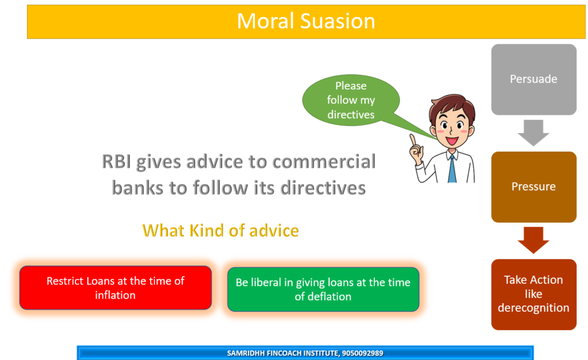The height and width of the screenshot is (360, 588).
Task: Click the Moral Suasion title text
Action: (x=306, y=21)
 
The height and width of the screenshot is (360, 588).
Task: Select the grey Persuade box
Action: (x=533, y=79)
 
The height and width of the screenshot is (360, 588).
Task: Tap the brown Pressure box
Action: (x=533, y=187)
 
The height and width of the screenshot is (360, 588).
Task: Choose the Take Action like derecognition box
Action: (x=533, y=295)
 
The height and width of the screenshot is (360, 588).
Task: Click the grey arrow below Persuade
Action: (x=533, y=133)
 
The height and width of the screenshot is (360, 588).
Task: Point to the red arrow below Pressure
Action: (x=533, y=240)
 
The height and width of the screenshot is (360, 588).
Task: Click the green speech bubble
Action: (x=351, y=100)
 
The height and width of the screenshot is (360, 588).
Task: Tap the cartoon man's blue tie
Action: (x=452, y=169)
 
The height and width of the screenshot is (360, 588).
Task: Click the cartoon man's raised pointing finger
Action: (x=413, y=140)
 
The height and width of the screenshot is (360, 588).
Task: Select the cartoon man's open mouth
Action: (x=452, y=141)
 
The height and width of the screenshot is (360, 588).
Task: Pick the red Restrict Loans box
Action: (x=115, y=288)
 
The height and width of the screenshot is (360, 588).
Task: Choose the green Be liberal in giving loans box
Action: (x=323, y=289)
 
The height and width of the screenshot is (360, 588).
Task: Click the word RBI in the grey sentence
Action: (x=116, y=162)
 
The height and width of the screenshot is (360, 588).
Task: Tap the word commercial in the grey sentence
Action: (x=324, y=162)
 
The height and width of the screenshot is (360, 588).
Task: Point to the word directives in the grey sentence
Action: (x=323, y=188)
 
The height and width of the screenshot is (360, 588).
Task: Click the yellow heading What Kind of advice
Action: (x=220, y=231)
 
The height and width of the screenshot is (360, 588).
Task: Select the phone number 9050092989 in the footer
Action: (x=363, y=353)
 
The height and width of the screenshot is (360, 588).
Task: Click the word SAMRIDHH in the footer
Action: (x=246, y=353)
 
